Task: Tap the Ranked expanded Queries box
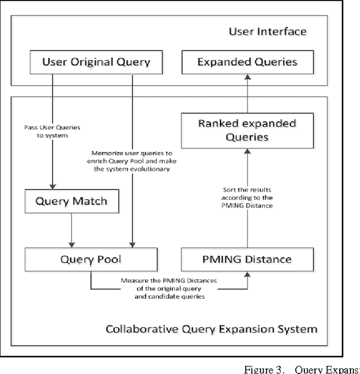click(239, 130)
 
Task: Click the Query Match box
click(71, 201)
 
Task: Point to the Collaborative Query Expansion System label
click(211, 328)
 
